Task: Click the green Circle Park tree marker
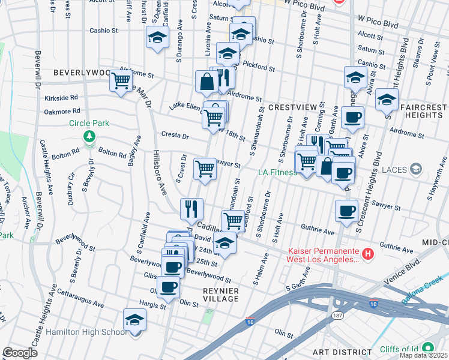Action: click(x=89, y=136)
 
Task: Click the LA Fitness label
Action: click(x=277, y=173)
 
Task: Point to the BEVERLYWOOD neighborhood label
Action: click(x=81, y=73)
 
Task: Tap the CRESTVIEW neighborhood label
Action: click(x=292, y=107)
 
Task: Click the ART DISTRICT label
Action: click(x=347, y=352)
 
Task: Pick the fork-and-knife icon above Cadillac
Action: click(x=192, y=208)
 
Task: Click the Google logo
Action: click(x=20, y=353)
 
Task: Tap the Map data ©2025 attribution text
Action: click(x=423, y=356)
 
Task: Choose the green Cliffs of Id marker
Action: click(x=427, y=348)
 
